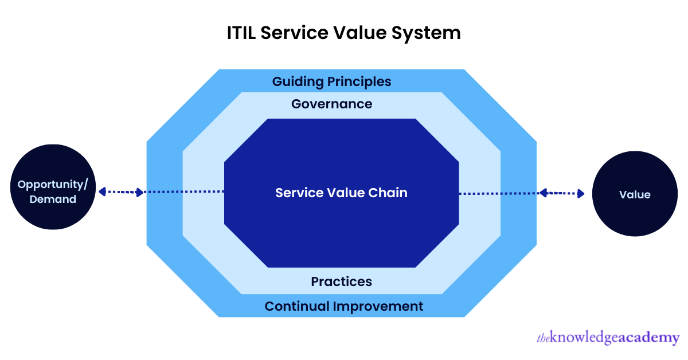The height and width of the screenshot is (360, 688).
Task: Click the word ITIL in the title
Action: click(241, 33)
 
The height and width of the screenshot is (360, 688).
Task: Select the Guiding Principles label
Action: click(332, 82)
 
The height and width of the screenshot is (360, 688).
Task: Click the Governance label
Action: click(332, 104)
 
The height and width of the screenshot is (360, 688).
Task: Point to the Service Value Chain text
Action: click(342, 193)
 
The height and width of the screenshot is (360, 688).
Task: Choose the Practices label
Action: click(342, 281)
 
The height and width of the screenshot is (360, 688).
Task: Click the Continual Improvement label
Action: click(344, 307)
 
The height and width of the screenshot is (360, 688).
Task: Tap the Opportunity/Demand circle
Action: click(53, 187)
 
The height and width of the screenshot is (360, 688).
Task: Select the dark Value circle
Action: click(635, 194)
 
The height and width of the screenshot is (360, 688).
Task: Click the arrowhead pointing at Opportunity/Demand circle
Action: click(103, 191)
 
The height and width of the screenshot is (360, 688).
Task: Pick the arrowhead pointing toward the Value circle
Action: click(580, 194)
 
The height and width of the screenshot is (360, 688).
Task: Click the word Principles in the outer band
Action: click(359, 82)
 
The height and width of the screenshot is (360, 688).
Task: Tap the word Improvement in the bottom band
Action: click(378, 307)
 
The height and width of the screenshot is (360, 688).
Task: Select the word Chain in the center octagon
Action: click(388, 193)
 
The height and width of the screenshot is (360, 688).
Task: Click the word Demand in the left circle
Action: click(53, 199)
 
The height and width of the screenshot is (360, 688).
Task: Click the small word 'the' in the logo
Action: click(543, 338)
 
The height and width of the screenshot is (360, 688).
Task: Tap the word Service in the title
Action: click(295, 33)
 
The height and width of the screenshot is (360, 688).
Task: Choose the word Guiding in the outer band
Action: click(298, 82)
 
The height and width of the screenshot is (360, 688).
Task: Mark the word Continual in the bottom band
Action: click(297, 307)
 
